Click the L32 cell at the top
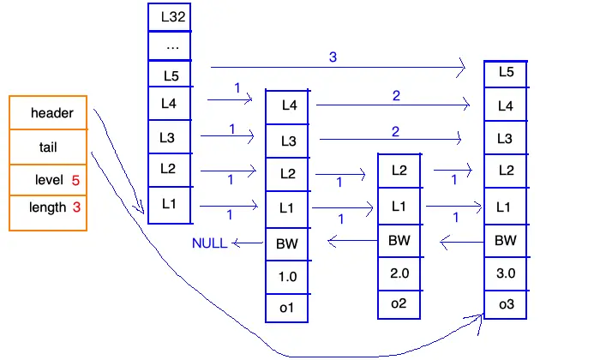(169, 17)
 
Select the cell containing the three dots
(169, 46)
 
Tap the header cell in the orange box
(48, 113)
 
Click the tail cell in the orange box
(48, 147)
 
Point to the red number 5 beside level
(75, 180)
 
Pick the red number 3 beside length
(76, 207)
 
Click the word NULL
(210, 243)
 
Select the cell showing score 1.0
(287, 277)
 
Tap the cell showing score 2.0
(399, 273)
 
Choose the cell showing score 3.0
(506, 273)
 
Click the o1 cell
(287, 308)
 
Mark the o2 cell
(399, 304)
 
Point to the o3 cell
(506, 304)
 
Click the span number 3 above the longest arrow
(333, 57)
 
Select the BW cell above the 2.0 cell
(399, 241)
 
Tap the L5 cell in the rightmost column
(506, 74)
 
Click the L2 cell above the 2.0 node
(399, 171)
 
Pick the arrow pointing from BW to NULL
(248, 243)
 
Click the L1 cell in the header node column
(169, 205)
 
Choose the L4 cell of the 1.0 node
(287, 107)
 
